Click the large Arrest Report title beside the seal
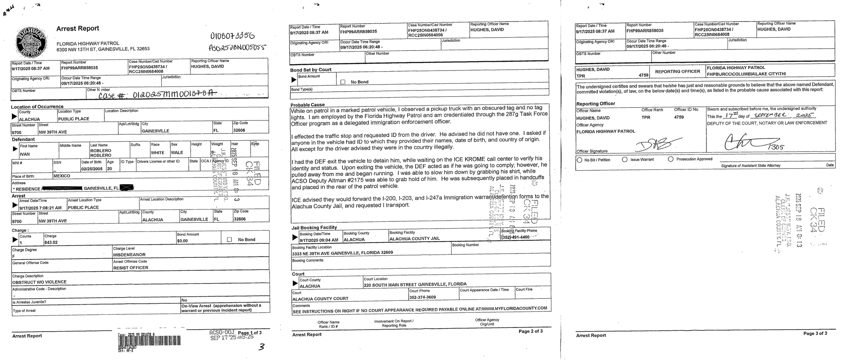[x=78, y=28]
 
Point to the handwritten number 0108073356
[x=232, y=36]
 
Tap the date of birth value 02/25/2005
[x=91, y=169]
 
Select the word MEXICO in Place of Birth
[x=62, y=176]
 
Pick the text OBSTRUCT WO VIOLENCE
[x=39, y=282]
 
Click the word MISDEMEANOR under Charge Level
[x=129, y=255]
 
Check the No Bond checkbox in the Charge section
[x=229, y=240]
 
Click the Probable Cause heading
[x=308, y=105]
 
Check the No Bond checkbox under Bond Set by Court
[x=343, y=82]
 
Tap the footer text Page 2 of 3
[x=531, y=331]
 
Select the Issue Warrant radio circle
[x=624, y=160]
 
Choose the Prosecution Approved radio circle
[x=671, y=159]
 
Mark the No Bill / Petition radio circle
[x=580, y=160]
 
